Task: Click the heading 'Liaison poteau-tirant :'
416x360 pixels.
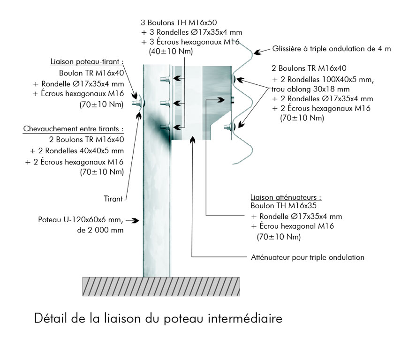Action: pyautogui.click(x=87, y=61)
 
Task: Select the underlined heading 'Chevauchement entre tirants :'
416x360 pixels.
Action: pyautogui.click(x=73, y=129)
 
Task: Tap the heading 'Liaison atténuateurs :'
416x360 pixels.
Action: pyautogui.click(x=286, y=197)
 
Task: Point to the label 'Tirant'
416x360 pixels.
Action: pyautogui.click(x=113, y=199)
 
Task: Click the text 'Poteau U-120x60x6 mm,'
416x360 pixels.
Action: pyautogui.click(x=81, y=220)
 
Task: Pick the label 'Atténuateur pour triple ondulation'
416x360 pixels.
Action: pyautogui.click(x=308, y=257)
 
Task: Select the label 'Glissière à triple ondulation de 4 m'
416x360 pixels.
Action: pyautogui.click(x=332, y=49)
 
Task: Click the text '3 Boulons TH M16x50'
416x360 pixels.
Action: pyautogui.click(x=179, y=22)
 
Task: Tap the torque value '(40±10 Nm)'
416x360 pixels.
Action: pyautogui.click(x=171, y=51)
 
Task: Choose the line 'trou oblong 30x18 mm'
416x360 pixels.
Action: pyautogui.click(x=310, y=89)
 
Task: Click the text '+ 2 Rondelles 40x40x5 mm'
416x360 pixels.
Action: pyautogui.click(x=76, y=151)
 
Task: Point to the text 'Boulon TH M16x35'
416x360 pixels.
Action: pyautogui.click(x=283, y=205)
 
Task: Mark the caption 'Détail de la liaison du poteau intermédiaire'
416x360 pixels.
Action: pyautogui.click(x=158, y=318)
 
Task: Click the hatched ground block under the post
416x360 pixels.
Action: pyautogui.click(x=161, y=286)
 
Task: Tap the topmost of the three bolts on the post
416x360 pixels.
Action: pyautogui.click(x=166, y=79)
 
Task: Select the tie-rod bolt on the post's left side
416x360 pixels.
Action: pyautogui.click(x=138, y=103)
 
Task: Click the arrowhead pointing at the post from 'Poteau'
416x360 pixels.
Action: pyautogui.click(x=136, y=220)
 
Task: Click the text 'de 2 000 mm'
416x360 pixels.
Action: pyautogui.click(x=100, y=230)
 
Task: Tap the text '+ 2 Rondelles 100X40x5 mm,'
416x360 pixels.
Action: pyautogui.click(x=323, y=80)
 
